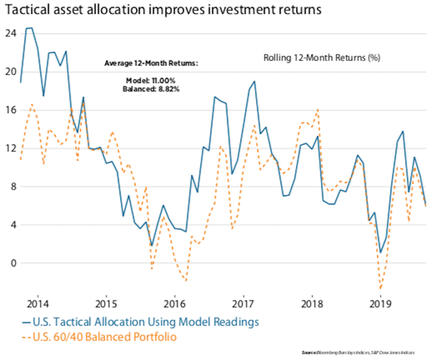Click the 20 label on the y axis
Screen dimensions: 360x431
click(9, 71)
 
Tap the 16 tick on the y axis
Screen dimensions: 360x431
click(9, 110)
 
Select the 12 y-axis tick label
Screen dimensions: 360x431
click(9, 148)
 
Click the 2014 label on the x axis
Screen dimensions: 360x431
click(37, 303)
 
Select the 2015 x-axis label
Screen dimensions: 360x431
click(106, 303)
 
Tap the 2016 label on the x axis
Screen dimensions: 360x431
click(175, 303)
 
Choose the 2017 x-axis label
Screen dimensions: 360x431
click(243, 303)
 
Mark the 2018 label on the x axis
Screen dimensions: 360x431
click(312, 303)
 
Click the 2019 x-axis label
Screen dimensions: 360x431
click(380, 303)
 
